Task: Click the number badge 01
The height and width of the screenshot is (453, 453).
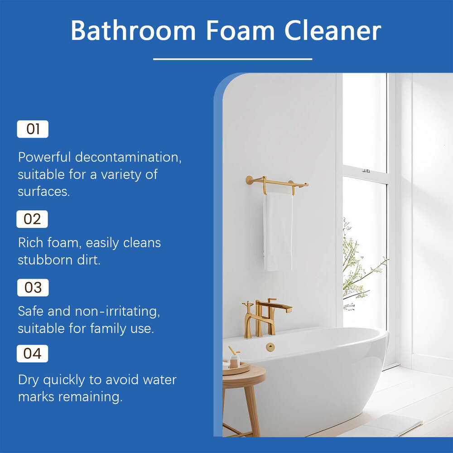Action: pos(33,129)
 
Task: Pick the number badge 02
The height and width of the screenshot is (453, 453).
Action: pos(32,219)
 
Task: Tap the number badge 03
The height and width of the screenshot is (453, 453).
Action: pos(33,288)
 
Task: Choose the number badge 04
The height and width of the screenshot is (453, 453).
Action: pos(33,354)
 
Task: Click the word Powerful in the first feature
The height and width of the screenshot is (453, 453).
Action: pos(44,158)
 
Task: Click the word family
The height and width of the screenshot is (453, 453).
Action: pos(108,328)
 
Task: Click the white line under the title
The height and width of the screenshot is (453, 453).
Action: pos(232,59)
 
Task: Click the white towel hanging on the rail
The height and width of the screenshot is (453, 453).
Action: pos(278,231)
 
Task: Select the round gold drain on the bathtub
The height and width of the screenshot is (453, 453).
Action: pos(270,347)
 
